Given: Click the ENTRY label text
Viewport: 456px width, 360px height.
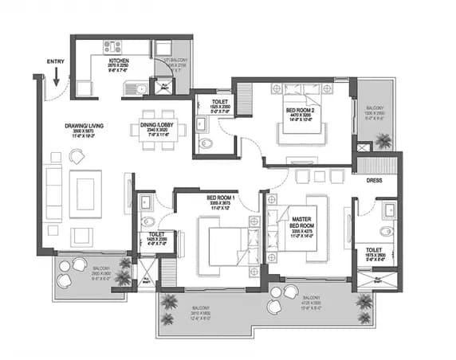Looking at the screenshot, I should (56, 61).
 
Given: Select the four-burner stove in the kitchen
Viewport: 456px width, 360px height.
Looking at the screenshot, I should (112, 46).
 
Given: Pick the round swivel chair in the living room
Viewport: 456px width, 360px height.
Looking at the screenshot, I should (78, 157).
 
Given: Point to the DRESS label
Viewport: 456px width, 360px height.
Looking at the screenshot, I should (374, 180).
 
